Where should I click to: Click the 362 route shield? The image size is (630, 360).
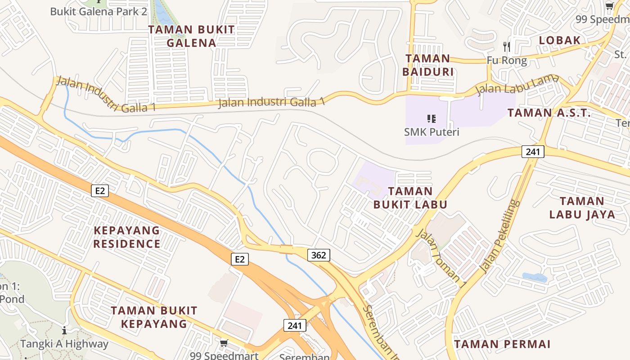point(319,255)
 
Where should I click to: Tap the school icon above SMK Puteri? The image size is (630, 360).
point(432,119)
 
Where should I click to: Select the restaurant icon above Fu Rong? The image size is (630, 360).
point(507,46)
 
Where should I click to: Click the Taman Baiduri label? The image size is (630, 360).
point(427,65)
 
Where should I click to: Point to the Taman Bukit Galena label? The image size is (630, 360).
point(191,36)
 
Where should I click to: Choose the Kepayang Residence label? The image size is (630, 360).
point(127,237)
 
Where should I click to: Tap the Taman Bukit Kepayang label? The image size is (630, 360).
point(154,317)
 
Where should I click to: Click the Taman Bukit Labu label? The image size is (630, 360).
point(410,198)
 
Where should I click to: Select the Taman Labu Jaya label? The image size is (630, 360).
point(582,207)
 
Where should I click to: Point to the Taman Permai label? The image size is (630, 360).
point(502,344)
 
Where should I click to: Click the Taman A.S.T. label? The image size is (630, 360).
point(549,113)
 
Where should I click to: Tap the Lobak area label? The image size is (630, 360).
point(560,40)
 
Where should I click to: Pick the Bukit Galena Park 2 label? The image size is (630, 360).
point(99,11)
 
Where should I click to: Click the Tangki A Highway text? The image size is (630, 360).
point(64,344)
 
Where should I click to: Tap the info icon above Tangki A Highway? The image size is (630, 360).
point(64,331)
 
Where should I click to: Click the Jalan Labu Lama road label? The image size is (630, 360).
point(517,84)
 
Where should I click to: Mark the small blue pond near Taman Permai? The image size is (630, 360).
point(535,277)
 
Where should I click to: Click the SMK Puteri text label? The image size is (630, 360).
point(432,132)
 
